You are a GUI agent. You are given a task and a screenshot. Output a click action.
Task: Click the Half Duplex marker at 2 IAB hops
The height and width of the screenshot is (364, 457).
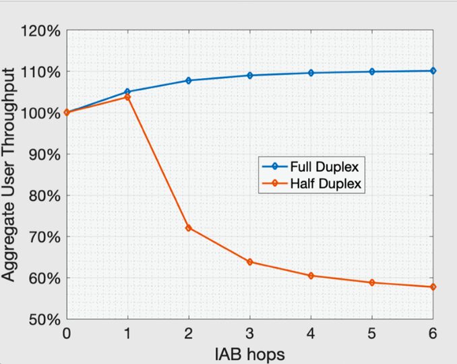[189, 228]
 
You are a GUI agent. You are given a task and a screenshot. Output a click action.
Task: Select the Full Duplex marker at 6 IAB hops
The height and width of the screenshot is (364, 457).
[433, 71]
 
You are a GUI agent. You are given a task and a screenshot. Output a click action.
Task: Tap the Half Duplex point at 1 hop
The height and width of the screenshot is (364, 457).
[127, 97]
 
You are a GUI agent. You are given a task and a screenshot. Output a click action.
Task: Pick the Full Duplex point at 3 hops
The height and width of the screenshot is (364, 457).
[250, 75]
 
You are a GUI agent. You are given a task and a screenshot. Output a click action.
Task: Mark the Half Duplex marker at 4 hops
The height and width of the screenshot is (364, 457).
[311, 276]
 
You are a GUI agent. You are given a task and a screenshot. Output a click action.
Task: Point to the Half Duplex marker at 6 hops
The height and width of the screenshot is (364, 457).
[433, 287]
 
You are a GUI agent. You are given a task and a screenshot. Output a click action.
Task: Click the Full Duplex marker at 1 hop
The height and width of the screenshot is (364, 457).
[127, 92]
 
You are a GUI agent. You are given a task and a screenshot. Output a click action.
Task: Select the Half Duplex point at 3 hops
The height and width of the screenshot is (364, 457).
[250, 262]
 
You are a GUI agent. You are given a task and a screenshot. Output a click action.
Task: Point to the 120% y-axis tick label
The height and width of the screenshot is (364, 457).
[42, 31]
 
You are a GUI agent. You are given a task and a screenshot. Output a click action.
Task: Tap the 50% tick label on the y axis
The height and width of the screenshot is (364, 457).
[45, 319]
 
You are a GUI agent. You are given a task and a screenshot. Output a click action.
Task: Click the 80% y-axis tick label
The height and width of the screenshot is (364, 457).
[45, 195]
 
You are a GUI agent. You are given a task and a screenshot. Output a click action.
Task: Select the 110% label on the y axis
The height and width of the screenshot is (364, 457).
[42, 72]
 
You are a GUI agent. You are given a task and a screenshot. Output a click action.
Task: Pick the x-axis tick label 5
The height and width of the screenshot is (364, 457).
[372, 333]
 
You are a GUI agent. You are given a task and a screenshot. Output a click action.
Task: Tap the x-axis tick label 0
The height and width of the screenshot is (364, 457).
[67, 333]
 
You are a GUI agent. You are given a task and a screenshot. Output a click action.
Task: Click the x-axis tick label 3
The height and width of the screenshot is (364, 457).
[250, 333]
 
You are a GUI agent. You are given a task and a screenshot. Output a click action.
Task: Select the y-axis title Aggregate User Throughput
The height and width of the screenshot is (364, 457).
[12, 175]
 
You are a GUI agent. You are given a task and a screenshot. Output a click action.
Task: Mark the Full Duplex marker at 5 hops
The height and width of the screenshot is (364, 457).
[372, 71]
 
